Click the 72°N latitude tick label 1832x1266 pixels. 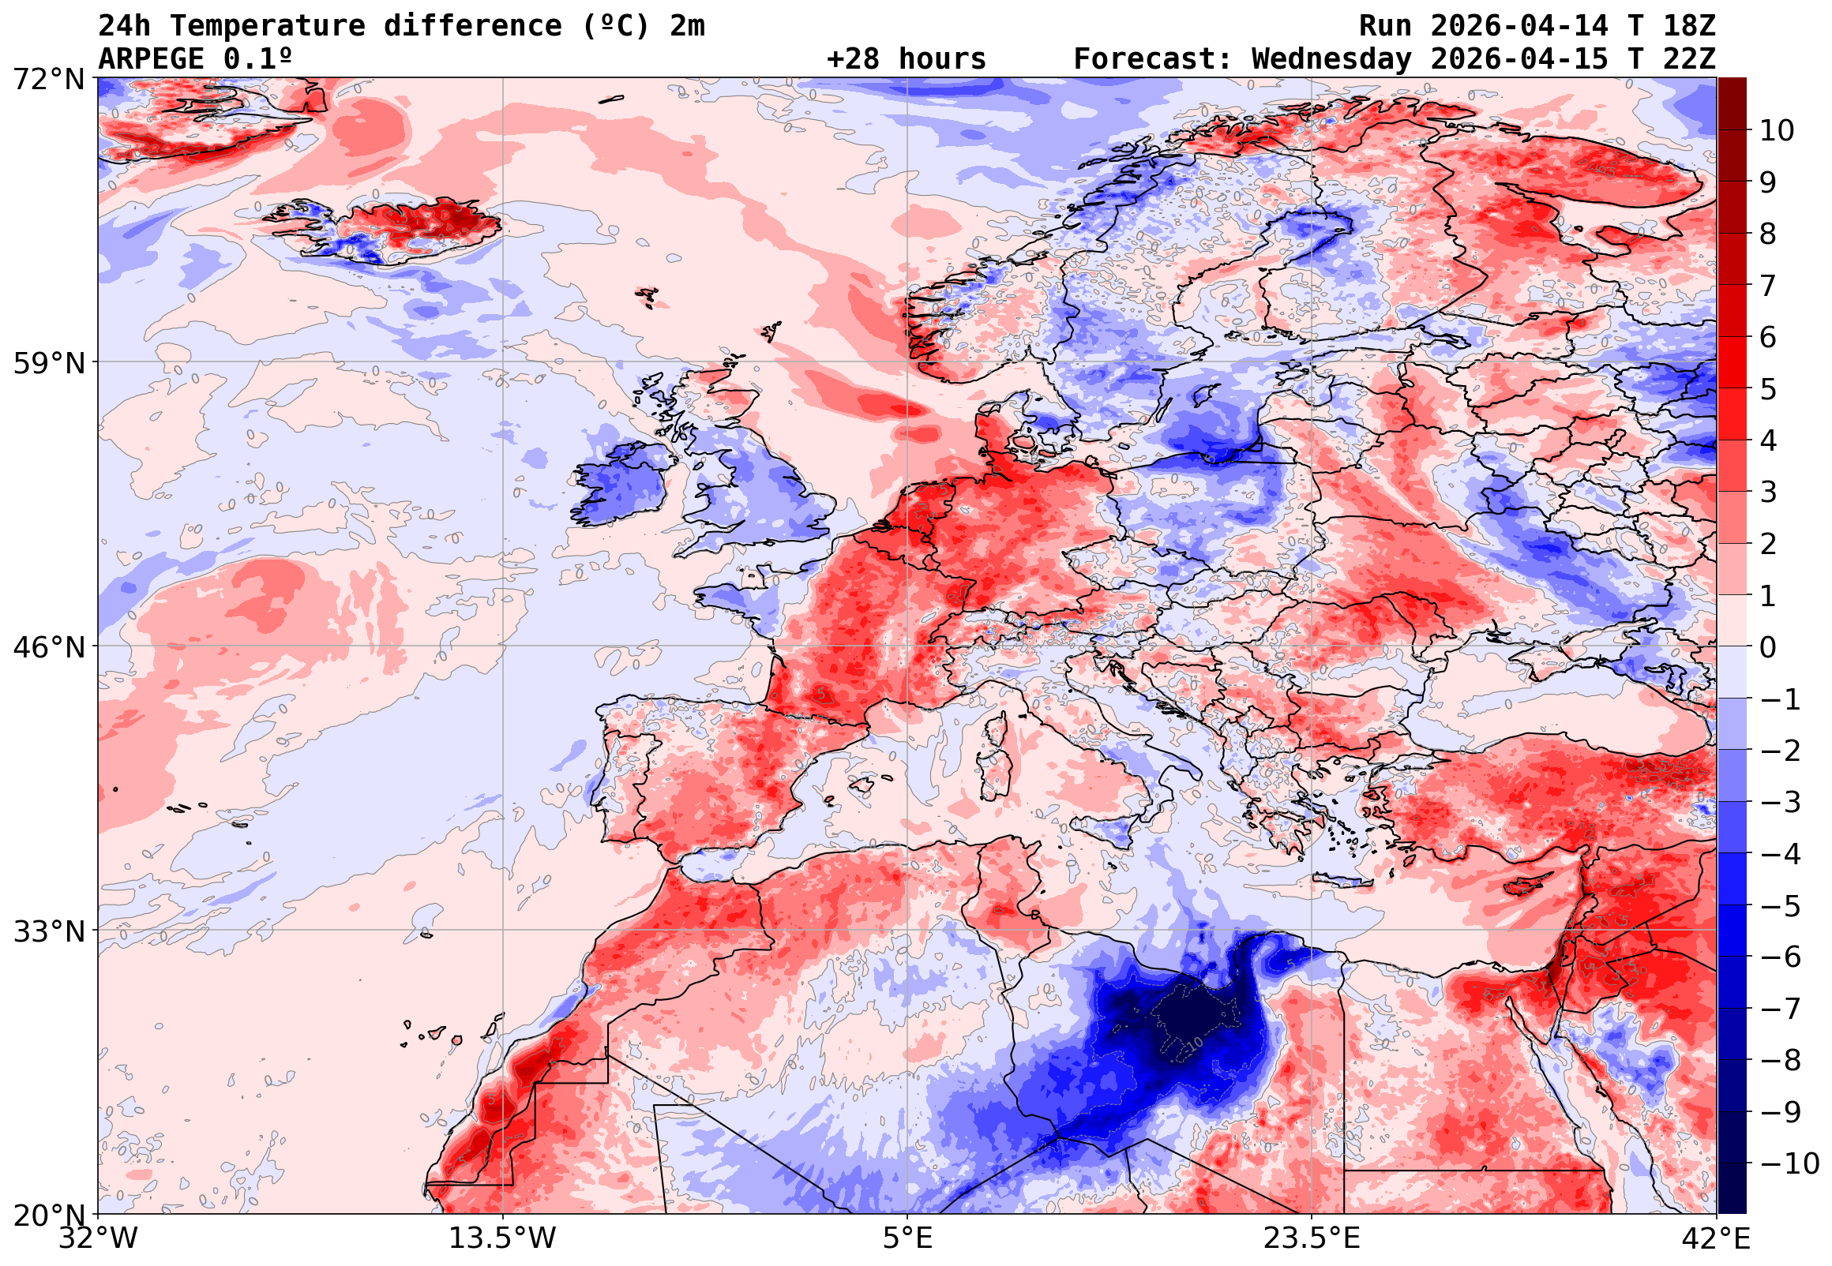(48, 80)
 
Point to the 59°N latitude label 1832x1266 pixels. (48, 363)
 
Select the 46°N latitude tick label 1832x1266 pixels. (48, 647)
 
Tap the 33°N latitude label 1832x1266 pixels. (48, 931)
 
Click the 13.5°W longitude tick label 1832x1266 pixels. (502, 1238)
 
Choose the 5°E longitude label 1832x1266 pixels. (907, 1238)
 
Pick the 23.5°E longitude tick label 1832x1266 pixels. (1312, 1238)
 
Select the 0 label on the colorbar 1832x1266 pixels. (1768, 647)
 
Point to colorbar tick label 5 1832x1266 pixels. (1768, 389)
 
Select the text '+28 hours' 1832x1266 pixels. (906, 58)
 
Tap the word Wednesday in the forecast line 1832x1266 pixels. (1331, 58)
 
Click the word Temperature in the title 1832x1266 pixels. (267, 25)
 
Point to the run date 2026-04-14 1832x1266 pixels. (1519, 25)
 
